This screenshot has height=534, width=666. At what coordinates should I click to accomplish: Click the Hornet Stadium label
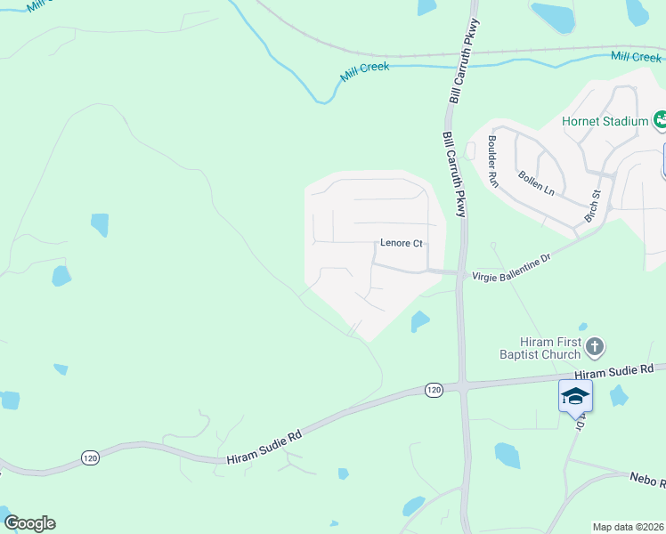(604, 121)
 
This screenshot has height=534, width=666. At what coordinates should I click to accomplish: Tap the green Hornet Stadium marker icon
(661, 119)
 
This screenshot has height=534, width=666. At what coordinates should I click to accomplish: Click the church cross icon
(596, 345)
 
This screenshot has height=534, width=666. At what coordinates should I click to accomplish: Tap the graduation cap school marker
(575, 395)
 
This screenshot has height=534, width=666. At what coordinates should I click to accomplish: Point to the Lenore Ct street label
(400, 242)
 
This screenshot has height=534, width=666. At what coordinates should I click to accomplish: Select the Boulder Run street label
(492, 159)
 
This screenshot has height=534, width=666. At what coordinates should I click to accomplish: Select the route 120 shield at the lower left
(90, 457)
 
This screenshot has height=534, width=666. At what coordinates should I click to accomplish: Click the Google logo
(29, 522)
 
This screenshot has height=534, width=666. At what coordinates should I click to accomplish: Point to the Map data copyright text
(629, 527)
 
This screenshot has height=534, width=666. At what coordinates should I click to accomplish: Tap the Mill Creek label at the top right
(636, 56)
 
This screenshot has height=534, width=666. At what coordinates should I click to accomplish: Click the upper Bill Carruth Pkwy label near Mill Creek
(464, 60)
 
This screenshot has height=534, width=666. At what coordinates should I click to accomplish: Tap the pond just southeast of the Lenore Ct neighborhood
(419, 320)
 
